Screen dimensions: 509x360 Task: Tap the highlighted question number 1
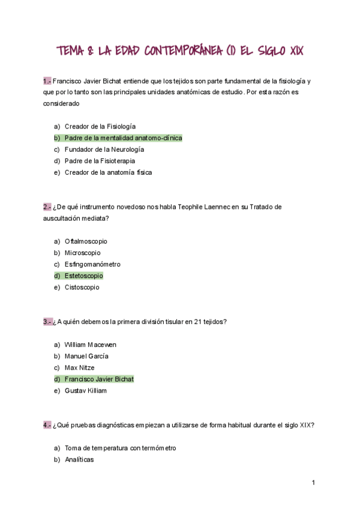tap(47, 80)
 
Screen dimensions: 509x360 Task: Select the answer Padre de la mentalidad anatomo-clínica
tap(123, 138)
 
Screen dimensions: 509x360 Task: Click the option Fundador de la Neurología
tap(104, 149)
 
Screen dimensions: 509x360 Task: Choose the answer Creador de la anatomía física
tap(108, 172)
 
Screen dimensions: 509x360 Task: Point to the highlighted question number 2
tap(47, 206)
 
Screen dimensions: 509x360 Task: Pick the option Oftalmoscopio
tap(86, 241)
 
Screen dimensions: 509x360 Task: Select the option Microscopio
tap(83, 253)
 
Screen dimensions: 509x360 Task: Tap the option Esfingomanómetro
tap(92, 264)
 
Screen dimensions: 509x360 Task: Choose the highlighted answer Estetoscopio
tap(83, 276)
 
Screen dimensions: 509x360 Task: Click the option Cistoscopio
tap(82, 287)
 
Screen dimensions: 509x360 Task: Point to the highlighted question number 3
tap(47, 322)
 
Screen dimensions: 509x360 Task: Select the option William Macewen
tap(91, 345)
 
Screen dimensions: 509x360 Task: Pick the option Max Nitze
tap(80, 367)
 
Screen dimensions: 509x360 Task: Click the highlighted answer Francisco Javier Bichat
tap(99, 379)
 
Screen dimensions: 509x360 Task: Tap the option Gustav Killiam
tap(86, 390)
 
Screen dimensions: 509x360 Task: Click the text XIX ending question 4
tap(306, 425)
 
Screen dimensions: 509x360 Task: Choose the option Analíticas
tap(79, 460)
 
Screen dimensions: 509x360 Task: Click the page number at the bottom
tap(313, 483)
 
